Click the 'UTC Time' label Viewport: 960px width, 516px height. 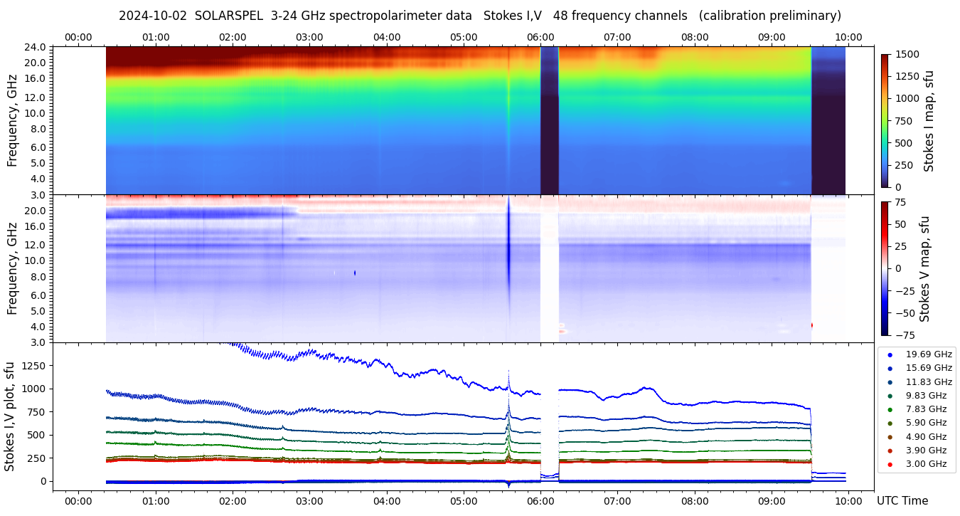coord(902,500)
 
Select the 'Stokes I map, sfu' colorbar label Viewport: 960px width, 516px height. coord(929,121)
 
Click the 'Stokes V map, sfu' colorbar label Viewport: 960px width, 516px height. coord(925,268)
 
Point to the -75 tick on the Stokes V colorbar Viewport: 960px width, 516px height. coord(901,335)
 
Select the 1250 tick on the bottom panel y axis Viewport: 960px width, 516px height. coord(33,366)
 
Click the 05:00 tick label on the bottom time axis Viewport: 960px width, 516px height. coord(464,500)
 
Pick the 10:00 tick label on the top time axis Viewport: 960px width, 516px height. coord(849,37)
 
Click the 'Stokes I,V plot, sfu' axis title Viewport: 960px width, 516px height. coord(10,416)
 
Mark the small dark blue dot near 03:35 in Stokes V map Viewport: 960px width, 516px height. coord(355,273)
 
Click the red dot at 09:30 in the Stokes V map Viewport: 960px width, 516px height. coord(811,325)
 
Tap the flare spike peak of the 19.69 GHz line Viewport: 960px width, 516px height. coord(508,372)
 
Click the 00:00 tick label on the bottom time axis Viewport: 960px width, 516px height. coord(78,500)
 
